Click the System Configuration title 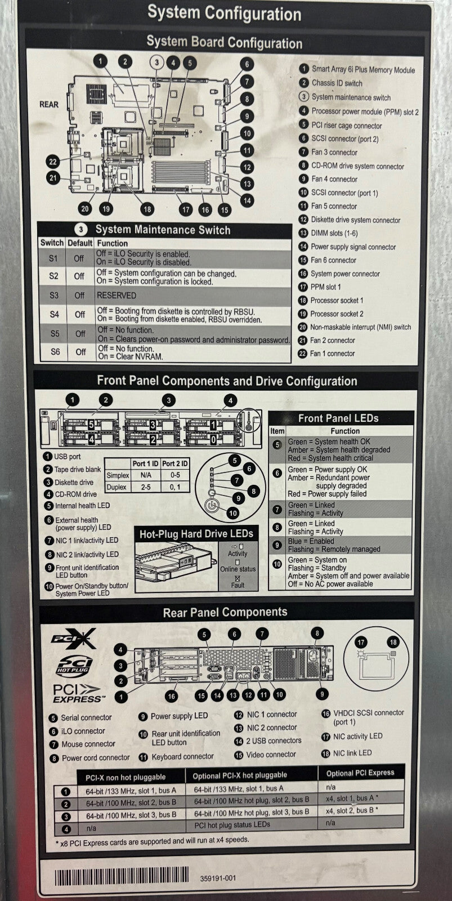(x=224, y=13)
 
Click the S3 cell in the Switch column (x=53, y=295)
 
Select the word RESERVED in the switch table (x=116, y=295)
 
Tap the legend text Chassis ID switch (x=337, y=83)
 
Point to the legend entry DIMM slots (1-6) (x=334, y=233)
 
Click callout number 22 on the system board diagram (x=52, y=162)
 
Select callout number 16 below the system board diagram (x=205, y=209)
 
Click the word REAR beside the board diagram (x=48, y=104)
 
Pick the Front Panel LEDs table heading (x=338, y=418)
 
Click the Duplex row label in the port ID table (x=117, y=487)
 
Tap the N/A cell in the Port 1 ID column (x=145, y=475)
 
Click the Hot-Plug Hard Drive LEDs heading (x=196, y=534)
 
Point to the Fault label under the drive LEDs (x=238, y=585)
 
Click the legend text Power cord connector (x=96, y=758)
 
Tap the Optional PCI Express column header (x=360, y=773)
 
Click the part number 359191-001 (x=218, y=878)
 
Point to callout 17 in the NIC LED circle (x=361, y=642)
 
